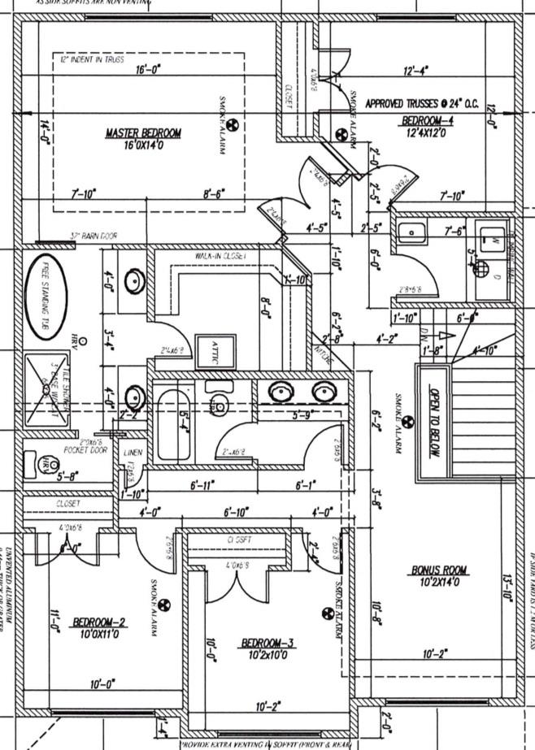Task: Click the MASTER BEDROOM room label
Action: click(143, 132)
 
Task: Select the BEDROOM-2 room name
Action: click(99, 622)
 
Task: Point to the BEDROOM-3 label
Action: click(267, 644)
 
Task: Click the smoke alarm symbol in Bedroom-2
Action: click(161, 605)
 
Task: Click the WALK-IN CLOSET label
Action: click(220, 255)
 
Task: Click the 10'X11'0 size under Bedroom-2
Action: click(99, 634)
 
